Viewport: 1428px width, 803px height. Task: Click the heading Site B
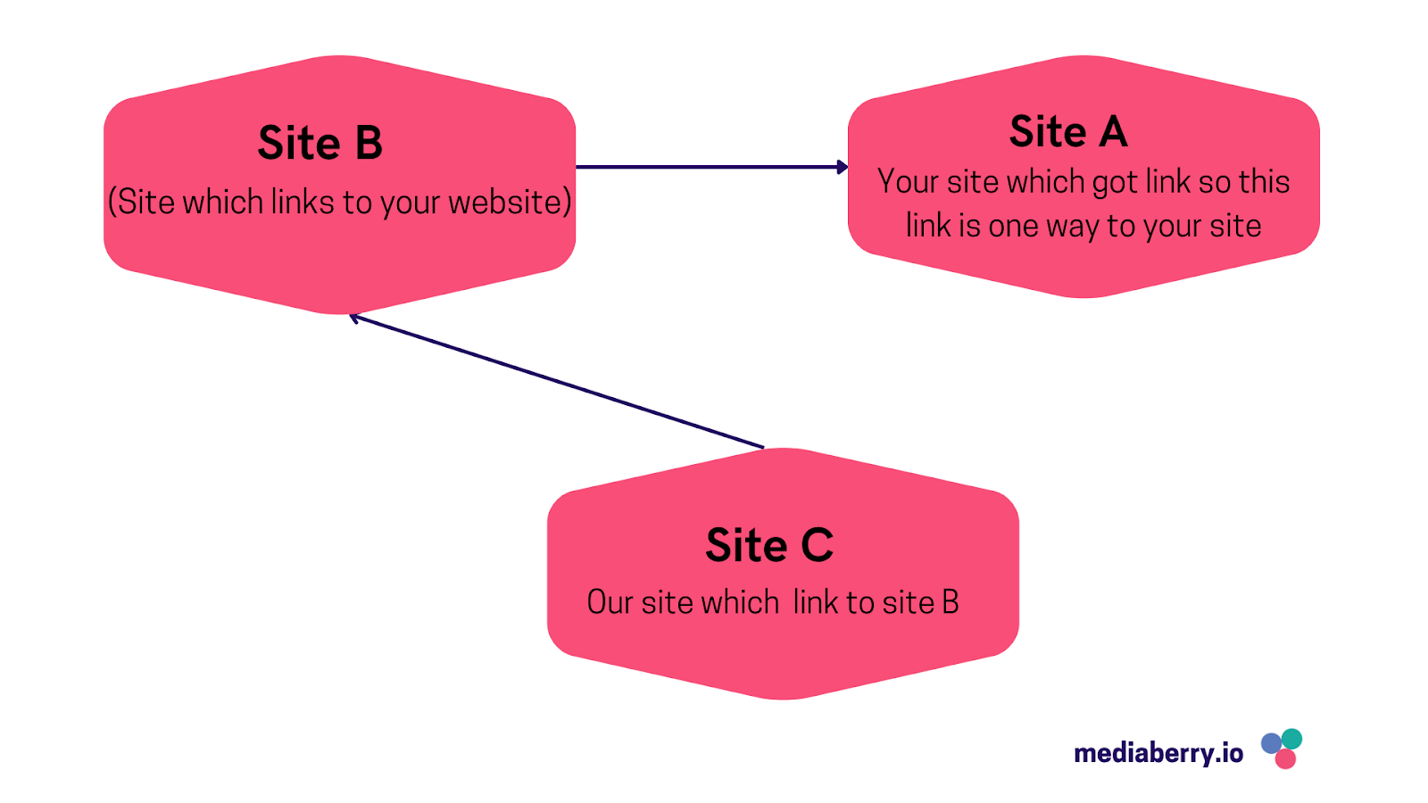(320, 144)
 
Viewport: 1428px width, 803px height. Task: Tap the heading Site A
(1068, 132)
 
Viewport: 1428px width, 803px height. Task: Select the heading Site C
(769, 545)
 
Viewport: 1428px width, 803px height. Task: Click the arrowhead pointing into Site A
(842, 167)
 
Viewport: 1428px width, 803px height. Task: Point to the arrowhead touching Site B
(354, 317)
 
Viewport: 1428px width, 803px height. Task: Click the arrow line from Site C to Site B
(558, 382)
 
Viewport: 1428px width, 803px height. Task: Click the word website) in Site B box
(510, 203)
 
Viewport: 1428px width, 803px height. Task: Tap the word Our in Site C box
(610, 603)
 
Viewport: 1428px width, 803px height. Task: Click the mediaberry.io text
(1158, 754)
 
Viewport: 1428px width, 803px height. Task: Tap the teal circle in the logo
(1291, 739)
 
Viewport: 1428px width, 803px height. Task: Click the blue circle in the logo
(1271, 743)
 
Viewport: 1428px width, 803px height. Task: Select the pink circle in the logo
(1285, 759)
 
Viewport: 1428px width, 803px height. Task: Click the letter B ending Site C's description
(950, 603)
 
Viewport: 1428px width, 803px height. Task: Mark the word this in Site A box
(1264, 182)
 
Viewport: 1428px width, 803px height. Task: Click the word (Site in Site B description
(141, 203)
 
